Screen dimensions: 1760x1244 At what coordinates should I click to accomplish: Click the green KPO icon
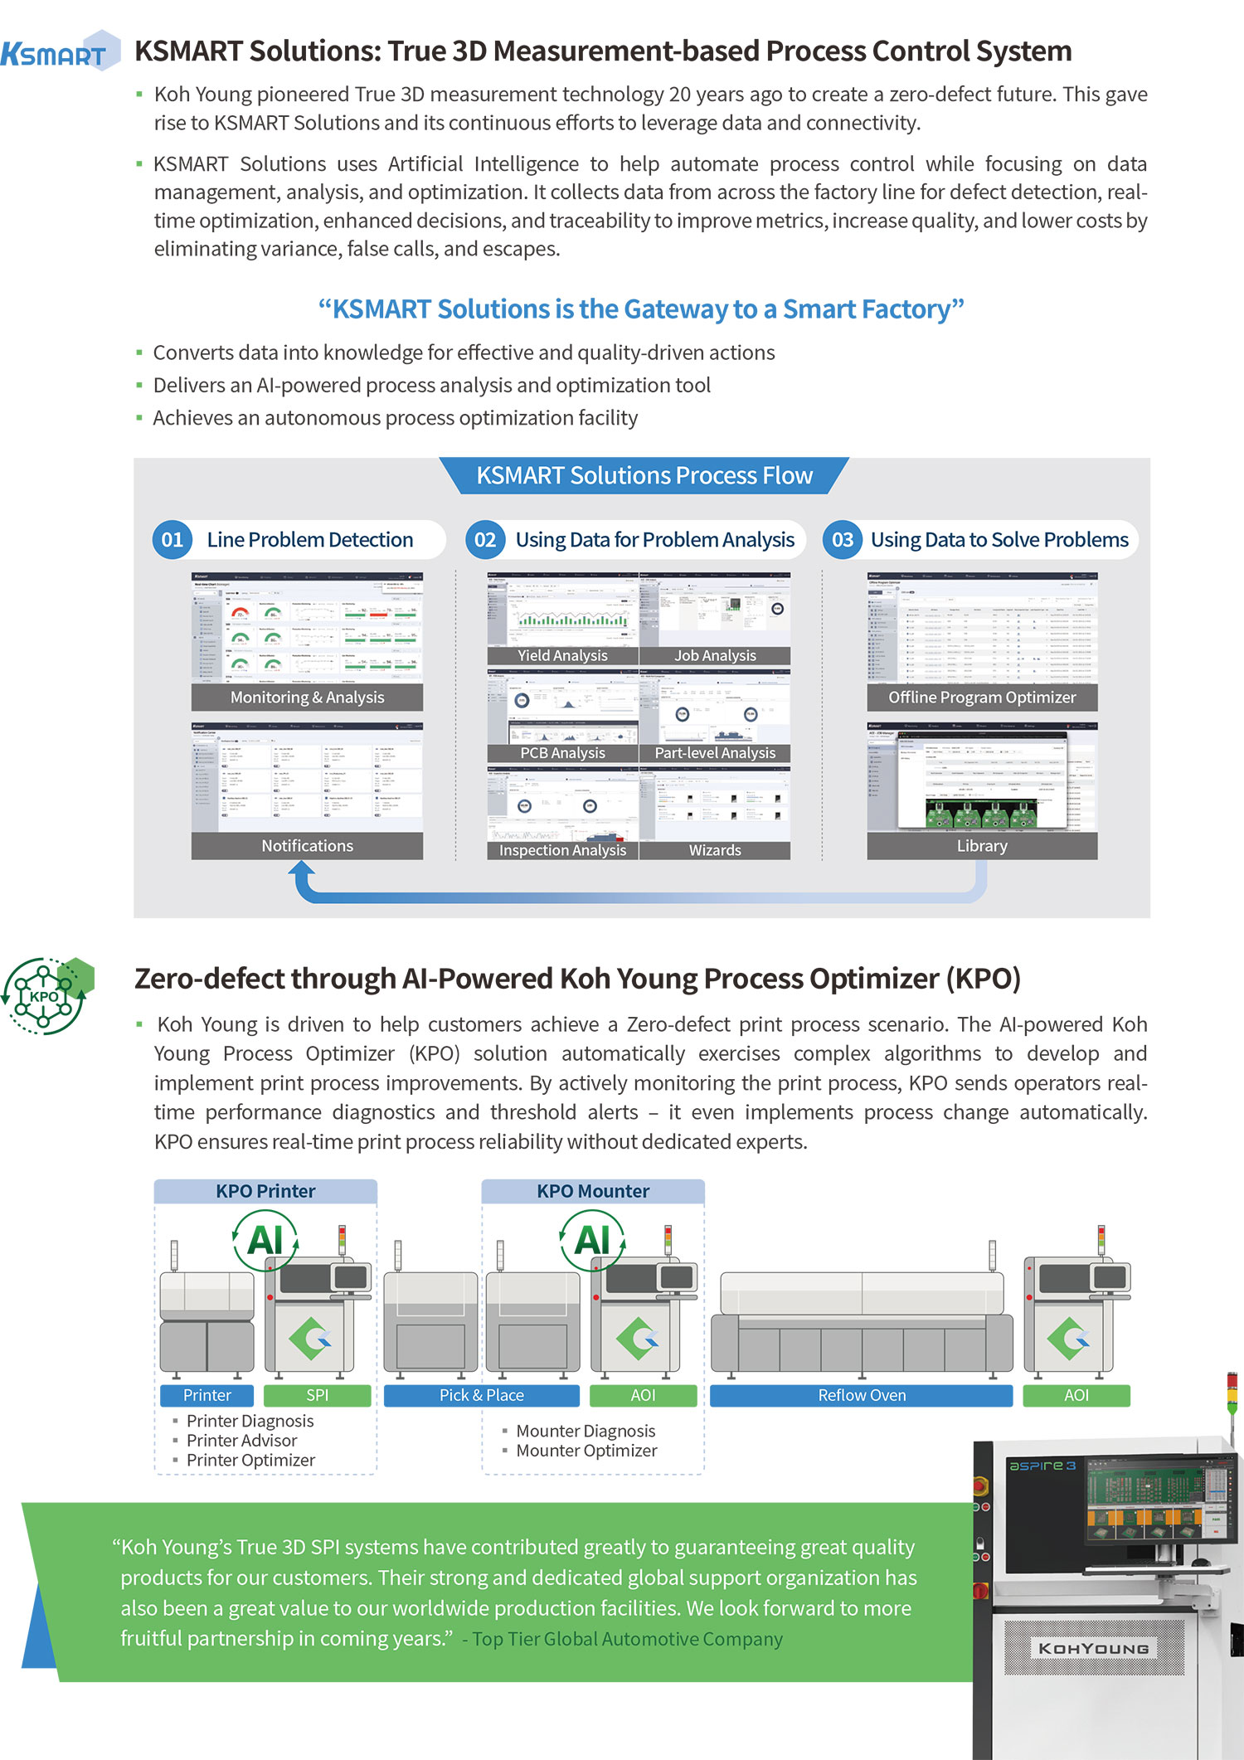click(x=47, y=995)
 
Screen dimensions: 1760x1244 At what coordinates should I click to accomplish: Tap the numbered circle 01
click(x=172, y=540)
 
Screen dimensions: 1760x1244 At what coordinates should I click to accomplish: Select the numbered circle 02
click(x=484, y=540)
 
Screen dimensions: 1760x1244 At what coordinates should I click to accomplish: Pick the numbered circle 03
click(x=842, y=540)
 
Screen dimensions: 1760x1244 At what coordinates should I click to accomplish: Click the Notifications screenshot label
click(x=307, y=846)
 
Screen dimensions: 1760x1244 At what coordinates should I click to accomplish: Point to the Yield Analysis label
click(x=562, y=655)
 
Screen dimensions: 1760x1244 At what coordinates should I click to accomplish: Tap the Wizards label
click(x=715, y=850)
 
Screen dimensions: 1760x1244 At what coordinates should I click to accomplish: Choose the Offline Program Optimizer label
click(x=982, y=698)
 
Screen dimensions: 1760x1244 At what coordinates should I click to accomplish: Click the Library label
click(x=982, y=846)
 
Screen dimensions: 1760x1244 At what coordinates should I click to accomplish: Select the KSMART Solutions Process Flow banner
click(x=644, y=476)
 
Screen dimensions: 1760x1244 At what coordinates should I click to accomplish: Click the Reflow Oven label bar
click(x=861, y=1395)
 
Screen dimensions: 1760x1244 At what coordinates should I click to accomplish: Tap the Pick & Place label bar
click(x=481, y=1395)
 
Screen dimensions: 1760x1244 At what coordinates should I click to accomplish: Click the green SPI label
click(x=317, y=1395)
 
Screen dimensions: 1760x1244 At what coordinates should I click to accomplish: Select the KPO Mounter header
click(x=593, y=1191)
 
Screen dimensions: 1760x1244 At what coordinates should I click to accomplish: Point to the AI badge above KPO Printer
click(x=265, y=1240)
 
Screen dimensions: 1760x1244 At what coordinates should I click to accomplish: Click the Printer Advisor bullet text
click(x=241, y=1441)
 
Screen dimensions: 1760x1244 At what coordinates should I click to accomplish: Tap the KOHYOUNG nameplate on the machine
click(x=1093, y=1648)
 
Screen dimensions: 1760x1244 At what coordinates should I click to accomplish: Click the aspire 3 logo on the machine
click(x=1042, y=1466)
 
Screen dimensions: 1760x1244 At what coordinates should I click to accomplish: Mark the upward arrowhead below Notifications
click(x=302, y=869)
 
